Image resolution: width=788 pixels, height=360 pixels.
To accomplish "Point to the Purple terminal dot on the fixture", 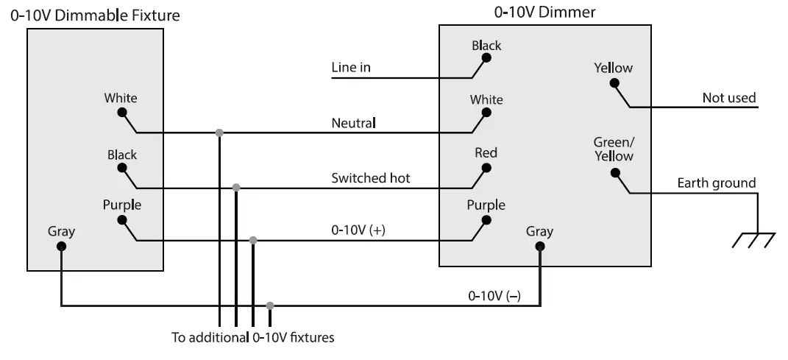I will [x=121, y=219].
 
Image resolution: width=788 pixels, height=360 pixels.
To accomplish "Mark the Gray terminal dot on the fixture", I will [x=61, y=246].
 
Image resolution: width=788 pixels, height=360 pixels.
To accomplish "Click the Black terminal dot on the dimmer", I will [x=486, y=60].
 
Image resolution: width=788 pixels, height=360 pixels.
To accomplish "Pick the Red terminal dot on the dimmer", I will [x=486, y=167].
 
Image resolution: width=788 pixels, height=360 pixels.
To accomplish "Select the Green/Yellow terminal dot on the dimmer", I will [x=614, y=173].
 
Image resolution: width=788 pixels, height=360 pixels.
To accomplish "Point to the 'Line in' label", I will [x=351, y=68].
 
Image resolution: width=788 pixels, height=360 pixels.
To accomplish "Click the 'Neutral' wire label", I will [x=354, y=122].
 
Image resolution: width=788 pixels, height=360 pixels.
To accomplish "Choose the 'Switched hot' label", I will [x=371, y=177].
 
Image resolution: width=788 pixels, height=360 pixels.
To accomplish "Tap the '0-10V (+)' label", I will [x=358, y=230].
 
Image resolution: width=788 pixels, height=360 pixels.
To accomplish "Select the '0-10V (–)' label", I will [x=494, y=296].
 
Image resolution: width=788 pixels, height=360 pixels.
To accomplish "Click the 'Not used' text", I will [x=728, y=98].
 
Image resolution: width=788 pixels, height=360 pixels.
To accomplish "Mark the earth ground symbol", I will [x=754, y=239].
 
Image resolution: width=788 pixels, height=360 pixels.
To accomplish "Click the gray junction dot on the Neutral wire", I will [x=219, y=133].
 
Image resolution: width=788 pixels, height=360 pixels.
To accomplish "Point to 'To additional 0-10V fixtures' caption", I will [x=253, y=339].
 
